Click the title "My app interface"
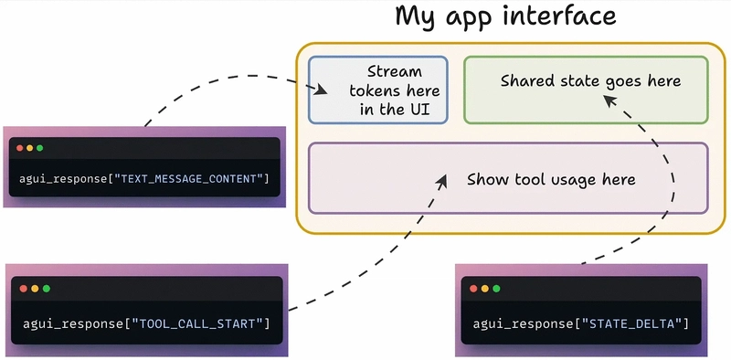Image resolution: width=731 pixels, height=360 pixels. pyautogui.click(x=505, y=16)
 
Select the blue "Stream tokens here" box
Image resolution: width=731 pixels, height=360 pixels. pyautogui.click(x=378, y=90)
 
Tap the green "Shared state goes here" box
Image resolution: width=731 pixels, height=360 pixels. pyautogui.click(x=586, y=90)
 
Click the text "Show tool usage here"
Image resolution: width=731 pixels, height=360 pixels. pyautogui.click(x=551, y=180)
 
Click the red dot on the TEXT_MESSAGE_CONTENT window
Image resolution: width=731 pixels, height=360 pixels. pyautogui.click(x=18, y=147)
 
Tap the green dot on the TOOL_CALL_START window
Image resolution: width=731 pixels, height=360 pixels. pyautogui.click(x=46, y=289)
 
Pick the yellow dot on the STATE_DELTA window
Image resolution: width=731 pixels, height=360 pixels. pyautogui.click(x=485, y=289)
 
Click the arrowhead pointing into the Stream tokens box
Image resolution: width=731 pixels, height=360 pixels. pyautogui.click(x=321, y=90)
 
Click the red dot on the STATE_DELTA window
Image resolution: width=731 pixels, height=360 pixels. pyautogui.click(x=473, y=289)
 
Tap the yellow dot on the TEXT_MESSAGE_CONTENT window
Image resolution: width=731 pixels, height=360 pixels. pyautogui.click(x=29, y=147)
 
